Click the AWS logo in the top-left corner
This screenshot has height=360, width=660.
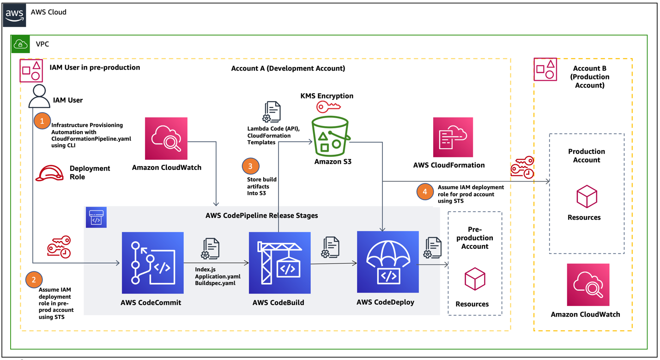click(15, 15)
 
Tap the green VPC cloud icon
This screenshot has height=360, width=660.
click(20, 44)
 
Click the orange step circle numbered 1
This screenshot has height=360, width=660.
click(42, 121)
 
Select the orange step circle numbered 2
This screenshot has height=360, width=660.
click(34, 279)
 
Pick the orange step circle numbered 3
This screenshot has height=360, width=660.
click(250, 166)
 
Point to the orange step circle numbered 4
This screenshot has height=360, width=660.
click(425, 191)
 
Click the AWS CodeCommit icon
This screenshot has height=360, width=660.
click(152, 263)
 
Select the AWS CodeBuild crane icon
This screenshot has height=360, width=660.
click(279, 263)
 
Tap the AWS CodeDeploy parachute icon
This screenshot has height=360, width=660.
click(388, 262)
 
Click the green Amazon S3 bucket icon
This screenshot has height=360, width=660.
click(331, 137)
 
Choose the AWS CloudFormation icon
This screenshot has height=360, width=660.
click(453, 137)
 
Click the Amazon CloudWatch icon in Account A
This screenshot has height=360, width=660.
click(166, 138)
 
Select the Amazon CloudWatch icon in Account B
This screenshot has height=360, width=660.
click(588, 285)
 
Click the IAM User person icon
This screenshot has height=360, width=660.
click(39, 96)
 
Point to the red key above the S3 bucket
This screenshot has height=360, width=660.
click(328, 107)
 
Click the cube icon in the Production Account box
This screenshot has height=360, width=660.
click(587, 197)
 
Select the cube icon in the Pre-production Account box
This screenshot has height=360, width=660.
click(475, 279)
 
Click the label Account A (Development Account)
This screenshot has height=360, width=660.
click(288, 68)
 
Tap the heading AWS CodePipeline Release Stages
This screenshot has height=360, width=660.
click(261, 216)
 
